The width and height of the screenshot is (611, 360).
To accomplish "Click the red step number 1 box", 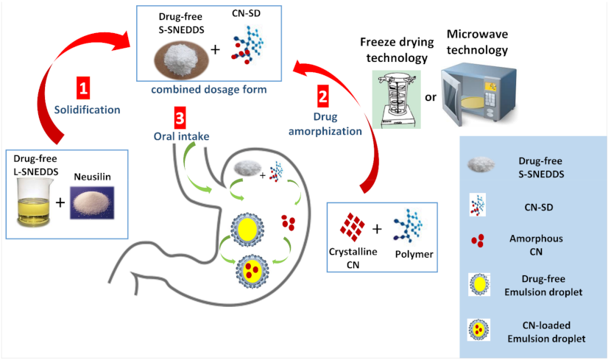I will pos(84,88).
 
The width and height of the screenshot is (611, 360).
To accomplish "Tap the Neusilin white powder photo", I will pos(95,201).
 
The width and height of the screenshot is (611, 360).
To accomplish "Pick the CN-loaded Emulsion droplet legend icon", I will pos(479,329).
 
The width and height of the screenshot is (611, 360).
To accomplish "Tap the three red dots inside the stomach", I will pos(289,221).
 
